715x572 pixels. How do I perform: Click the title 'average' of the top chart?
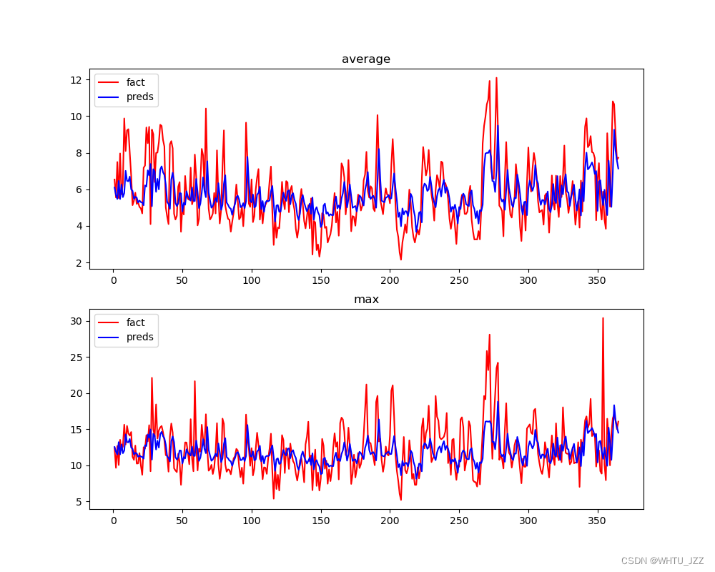click(x=366, y=59)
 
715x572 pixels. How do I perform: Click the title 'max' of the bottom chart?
click(x=366, y=300)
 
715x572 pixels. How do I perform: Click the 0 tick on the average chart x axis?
click(x=113, y=280)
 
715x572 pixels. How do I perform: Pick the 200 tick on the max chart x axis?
click(x=390, y=521)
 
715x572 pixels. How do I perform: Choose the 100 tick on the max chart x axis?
click(x=252, y=521)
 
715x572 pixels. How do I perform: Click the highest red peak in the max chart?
click(x=603, y=318)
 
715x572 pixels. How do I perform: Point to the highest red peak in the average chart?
click(x=496, y=78)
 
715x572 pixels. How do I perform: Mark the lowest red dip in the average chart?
click(x=400, y=260)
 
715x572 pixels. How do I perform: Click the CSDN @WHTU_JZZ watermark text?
click(x=662, y=561)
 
